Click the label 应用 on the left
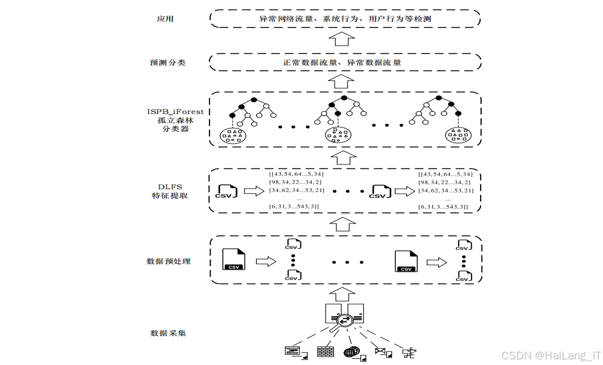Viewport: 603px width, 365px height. (165, 19)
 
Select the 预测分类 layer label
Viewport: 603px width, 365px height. (167, 62)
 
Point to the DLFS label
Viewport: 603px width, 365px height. (170, 186)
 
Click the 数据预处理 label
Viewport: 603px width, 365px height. (168, 261)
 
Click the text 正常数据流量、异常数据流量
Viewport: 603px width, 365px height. (342, 62)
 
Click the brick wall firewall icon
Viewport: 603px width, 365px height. (325, 352)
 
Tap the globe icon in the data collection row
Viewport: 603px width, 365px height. (352, 353)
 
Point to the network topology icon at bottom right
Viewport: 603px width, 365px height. (409, 353)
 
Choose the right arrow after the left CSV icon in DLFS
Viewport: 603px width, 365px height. (254, 192)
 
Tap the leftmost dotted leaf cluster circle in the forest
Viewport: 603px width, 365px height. (232, 135)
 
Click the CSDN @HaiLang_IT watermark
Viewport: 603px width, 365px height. (551, 355)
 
